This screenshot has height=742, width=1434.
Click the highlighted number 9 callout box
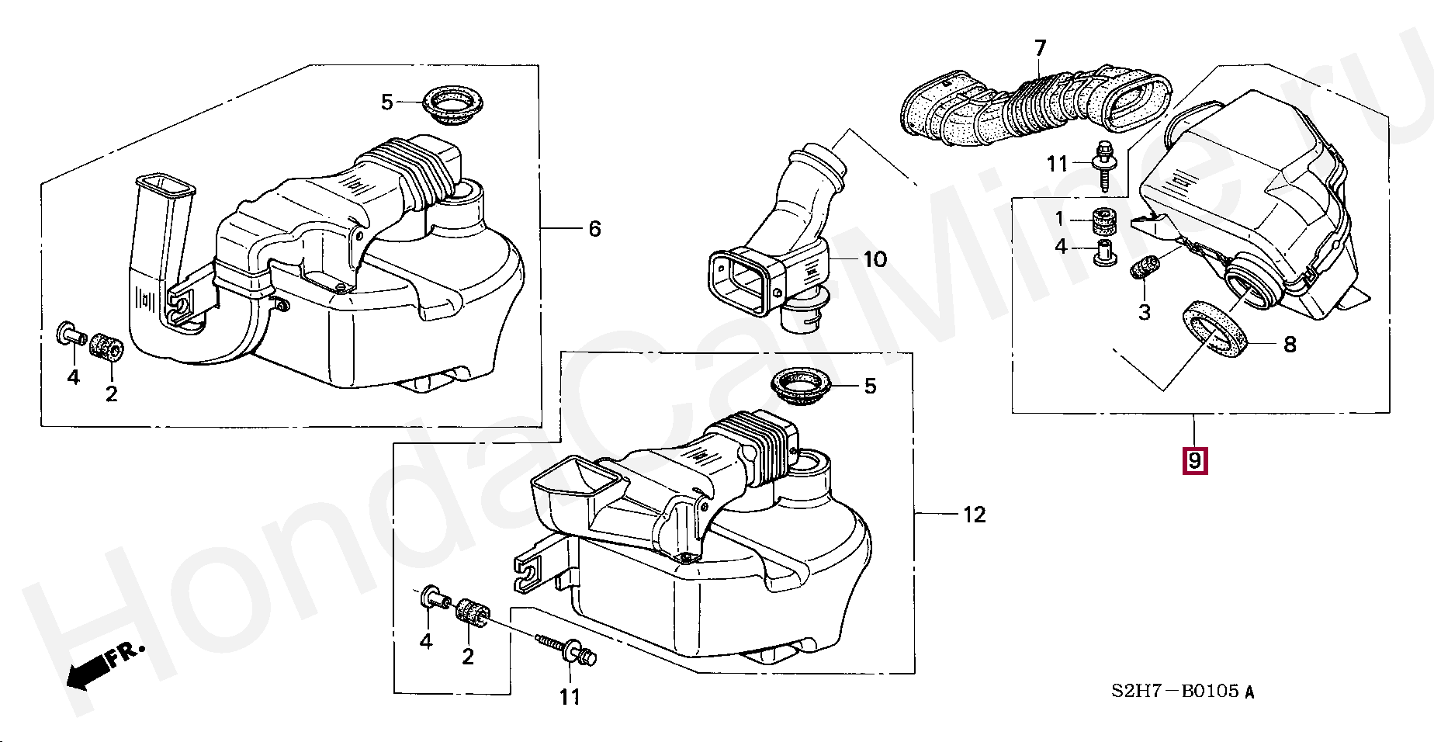coord(1194,461)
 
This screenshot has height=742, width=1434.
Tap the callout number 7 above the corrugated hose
coord(1040,48)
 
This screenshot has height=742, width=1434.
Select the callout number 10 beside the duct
coord(875,259)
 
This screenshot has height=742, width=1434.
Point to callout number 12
coord(974,515)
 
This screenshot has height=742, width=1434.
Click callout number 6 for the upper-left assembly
coord(594,229)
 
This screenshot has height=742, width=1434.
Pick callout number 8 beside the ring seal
coord(1290,344)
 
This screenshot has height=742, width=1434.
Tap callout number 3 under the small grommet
coord(1145,313)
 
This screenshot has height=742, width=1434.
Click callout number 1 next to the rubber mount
coord(1060,219)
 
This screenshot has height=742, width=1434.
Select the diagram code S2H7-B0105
coord(1182,691)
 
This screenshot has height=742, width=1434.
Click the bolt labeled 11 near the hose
coord(1103,165)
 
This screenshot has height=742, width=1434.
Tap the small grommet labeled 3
coord(1146,268)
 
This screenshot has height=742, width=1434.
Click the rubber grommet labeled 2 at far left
coord(106,346)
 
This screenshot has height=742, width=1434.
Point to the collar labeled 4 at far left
coord(70,335)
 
